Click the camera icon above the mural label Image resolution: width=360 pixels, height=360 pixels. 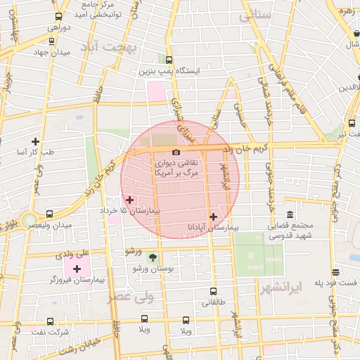(x=176, y=153)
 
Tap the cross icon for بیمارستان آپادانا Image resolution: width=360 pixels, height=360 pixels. (x=213, y=217)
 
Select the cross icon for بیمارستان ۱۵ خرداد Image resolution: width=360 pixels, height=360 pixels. (x=129, y=200)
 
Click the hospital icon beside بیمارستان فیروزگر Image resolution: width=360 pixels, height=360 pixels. (x=77, y=269)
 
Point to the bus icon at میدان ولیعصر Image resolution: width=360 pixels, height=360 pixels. (x=49, y=214)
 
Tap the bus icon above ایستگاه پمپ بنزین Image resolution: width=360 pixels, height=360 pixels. (x=167, y=60)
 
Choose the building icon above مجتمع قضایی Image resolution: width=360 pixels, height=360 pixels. (x=289, y=214)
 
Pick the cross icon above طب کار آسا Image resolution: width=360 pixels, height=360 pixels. (x=35, y=141)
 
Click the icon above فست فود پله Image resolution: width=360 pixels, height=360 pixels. (x=337, y=271)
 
